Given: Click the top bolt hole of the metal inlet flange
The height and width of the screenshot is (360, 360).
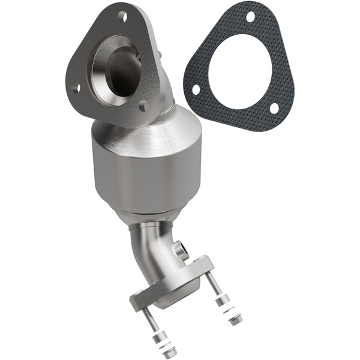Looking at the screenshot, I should pos(122,16).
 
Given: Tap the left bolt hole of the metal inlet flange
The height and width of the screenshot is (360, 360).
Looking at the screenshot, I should pos(76,88).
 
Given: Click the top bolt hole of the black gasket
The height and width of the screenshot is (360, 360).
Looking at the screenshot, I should pos(250,16).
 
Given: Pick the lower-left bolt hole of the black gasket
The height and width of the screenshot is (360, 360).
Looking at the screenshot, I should pos(196,89).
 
